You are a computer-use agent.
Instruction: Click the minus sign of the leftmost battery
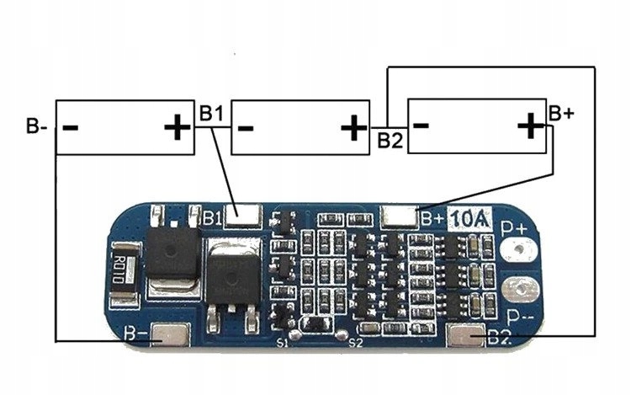[x=72, y=129]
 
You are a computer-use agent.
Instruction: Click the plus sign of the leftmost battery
[x=176, y=128]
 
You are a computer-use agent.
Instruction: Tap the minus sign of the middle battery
[x=246, y=129]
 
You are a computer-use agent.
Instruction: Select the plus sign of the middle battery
[x=353, y=128]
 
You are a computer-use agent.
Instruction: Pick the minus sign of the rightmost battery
[x=423, y=127]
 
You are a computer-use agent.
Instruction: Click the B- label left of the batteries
[x=36, y=127]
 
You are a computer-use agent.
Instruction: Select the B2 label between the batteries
[x=390, y=139]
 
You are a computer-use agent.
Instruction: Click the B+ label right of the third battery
[x=561, y=112]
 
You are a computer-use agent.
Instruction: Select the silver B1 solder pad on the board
[x=244, y=216]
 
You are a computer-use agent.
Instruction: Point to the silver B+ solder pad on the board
[x=399, y=216]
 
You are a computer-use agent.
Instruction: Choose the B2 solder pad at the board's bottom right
[x=467, y=338]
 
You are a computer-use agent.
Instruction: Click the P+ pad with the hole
[x=518, y=249]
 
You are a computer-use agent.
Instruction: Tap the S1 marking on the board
[x=283, y=342]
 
